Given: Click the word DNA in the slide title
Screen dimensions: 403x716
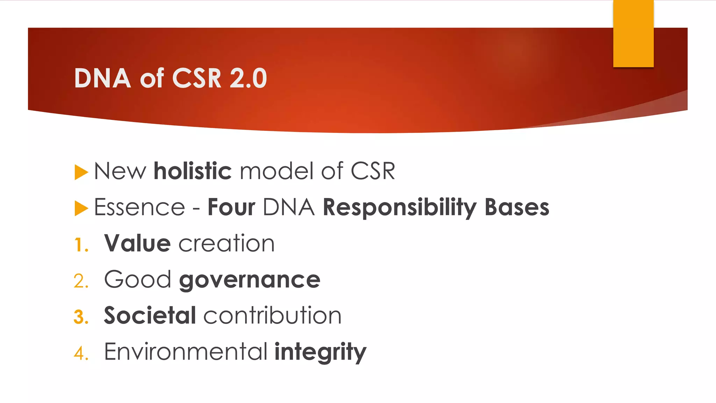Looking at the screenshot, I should [102, 78].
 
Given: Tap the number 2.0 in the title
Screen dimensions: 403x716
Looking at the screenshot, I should [248, 78].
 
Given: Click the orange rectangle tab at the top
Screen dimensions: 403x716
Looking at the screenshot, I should [633, 34].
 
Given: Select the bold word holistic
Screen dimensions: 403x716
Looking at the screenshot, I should [193, 171].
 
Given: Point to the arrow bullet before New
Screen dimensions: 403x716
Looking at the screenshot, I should [81, 172].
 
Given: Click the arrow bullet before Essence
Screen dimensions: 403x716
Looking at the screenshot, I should [81, 208].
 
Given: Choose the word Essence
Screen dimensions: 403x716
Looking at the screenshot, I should [139, 207].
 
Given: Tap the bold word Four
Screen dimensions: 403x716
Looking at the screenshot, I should [231, 207].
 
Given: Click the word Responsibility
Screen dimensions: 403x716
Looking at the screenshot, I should [399, 208].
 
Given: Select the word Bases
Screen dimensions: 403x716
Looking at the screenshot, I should [517, 207].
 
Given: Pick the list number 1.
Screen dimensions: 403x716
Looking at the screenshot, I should [81, 245].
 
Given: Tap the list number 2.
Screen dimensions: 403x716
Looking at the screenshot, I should [81, 281].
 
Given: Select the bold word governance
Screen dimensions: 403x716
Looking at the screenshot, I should [250, 281].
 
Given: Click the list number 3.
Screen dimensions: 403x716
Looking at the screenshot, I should [81, 317].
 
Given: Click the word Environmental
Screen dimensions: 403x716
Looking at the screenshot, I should [186, 352].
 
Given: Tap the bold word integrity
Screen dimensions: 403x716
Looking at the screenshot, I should [320, 352].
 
